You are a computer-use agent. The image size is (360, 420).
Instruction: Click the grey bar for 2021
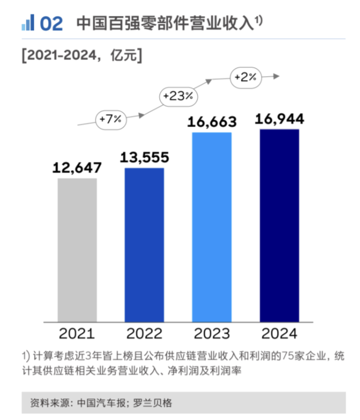click(77, 250)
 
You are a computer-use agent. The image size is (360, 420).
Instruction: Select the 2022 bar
click(144, 244)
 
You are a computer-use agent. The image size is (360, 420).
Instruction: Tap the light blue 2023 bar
click(212, 226)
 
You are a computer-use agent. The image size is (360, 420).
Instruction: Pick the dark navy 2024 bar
click(279, 225)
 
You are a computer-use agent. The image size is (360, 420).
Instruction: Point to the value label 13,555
click(144, 158)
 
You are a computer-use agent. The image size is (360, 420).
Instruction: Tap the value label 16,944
click(279, 120)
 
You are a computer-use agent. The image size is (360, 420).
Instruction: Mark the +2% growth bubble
click(246, 77)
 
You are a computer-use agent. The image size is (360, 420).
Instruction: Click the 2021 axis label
click(77, 334)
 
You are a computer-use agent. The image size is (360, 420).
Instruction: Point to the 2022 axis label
click(144, 334)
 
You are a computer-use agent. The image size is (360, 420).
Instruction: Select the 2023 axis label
click(212, 334)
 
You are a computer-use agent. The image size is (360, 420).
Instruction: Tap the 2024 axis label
click(279, 334)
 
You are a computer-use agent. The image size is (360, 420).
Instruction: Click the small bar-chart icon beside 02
click(28, 23)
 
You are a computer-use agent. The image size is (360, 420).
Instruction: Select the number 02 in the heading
click(51, 23)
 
